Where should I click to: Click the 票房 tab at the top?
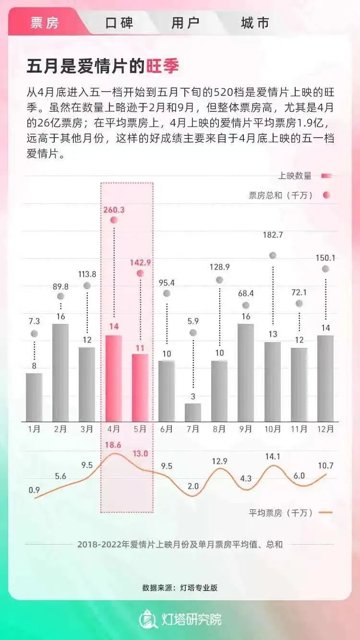click(44, 23)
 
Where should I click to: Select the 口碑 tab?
click(119, 23)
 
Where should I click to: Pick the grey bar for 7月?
click(193, 413)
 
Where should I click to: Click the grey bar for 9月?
click(246, 373)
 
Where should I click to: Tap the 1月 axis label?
click(34, 429)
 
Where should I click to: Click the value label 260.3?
click(114, 210)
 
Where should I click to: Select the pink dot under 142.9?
click(140, 273)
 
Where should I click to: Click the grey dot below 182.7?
click(273, 255)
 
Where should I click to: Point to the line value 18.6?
click(113, 445)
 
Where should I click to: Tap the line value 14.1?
click(273, 456)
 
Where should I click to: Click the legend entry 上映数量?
click(295, 176)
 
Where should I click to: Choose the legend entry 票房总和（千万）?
click(281, 195)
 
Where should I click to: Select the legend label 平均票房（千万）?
click(281, 512)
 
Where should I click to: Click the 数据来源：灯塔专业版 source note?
click(180, 587)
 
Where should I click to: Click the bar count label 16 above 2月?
click(60, 316)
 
